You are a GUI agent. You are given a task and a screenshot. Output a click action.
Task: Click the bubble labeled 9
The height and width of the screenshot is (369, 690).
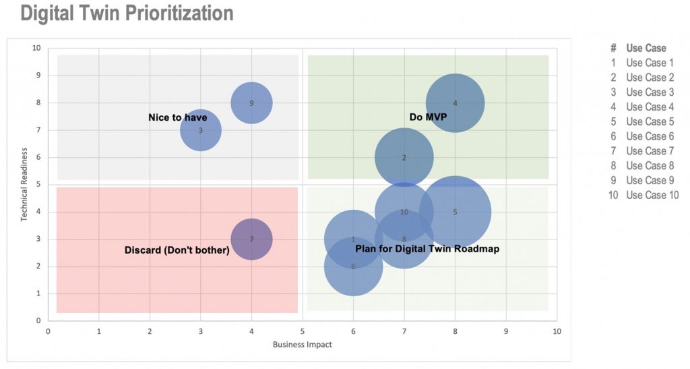(x=251, y=103)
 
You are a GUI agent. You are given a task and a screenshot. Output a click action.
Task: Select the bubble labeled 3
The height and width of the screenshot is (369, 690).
(x=200, y=130)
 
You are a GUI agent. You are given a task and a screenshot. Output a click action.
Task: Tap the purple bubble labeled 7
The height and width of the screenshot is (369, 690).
(x=251, y=239)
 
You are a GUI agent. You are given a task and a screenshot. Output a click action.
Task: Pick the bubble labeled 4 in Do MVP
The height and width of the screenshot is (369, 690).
(x=455, y=103)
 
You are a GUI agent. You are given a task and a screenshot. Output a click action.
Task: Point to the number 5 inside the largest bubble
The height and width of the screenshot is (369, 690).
(x=455, y=212)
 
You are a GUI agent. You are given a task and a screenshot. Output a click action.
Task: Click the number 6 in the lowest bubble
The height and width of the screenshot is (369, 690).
(x=353, y=266)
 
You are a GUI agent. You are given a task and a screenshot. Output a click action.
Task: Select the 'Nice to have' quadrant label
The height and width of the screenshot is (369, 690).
(x=177, y=117)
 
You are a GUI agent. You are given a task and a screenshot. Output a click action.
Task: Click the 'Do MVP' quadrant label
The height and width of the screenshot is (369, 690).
(x=428, y=117)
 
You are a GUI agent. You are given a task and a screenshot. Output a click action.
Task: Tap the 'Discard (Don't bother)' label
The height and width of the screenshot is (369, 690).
(x=177, y=250)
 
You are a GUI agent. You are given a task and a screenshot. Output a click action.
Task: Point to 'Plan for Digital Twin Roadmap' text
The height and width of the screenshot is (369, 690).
(x=427, y=249)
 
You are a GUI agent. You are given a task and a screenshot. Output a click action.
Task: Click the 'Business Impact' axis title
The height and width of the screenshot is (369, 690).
(x=302, y=345)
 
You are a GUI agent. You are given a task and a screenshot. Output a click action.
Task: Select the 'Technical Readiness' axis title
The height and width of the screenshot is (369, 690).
(x=24, y=184)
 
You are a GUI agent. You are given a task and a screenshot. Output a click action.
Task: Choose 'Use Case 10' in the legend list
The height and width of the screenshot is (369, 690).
(x=652, y=195)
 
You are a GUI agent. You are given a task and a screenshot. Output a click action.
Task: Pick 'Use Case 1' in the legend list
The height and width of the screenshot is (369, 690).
(x=650, y=63)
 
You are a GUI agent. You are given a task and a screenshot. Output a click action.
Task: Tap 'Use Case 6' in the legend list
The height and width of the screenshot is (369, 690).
(x=650, y=136)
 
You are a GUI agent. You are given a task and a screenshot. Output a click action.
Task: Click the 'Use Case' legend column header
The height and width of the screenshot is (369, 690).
(x=646, y=48)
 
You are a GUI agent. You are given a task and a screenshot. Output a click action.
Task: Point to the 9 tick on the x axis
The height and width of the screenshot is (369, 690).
(x=506, y=331)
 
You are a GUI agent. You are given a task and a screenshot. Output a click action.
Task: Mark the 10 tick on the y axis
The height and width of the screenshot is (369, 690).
(x=36, y=49)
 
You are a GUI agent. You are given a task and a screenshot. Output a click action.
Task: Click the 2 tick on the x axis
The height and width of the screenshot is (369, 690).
(x=150, y=331)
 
